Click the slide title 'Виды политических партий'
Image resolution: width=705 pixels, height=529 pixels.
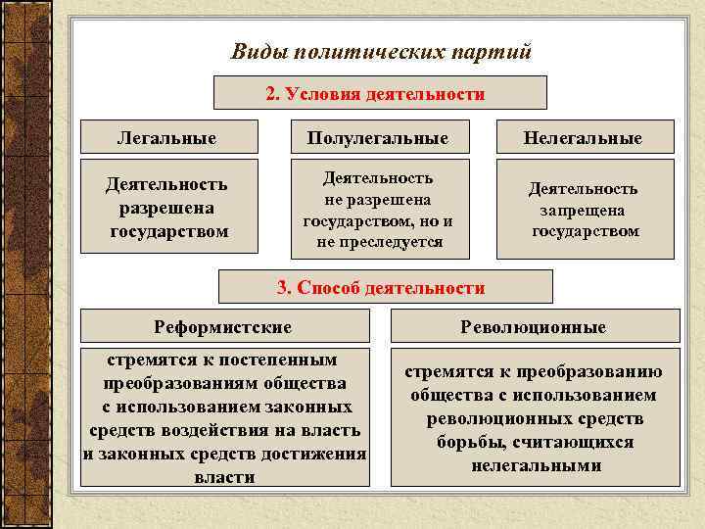[381, 51]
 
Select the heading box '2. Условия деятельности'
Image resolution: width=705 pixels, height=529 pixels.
[380, 94]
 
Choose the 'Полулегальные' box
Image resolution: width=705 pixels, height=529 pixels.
[377, 138]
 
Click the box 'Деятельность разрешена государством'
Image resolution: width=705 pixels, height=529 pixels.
[167, 208]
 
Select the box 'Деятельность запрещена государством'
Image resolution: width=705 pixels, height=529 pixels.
[584, 210]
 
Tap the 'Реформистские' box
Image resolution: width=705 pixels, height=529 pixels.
[223, 326]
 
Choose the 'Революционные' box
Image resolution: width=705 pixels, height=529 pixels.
[534, 326]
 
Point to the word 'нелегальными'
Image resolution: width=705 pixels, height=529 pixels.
[536, 465]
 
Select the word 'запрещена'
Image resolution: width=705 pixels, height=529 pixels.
[586, 210]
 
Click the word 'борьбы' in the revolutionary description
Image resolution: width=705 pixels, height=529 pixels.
[469, 443]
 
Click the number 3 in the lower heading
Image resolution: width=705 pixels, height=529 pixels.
[283, 287]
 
